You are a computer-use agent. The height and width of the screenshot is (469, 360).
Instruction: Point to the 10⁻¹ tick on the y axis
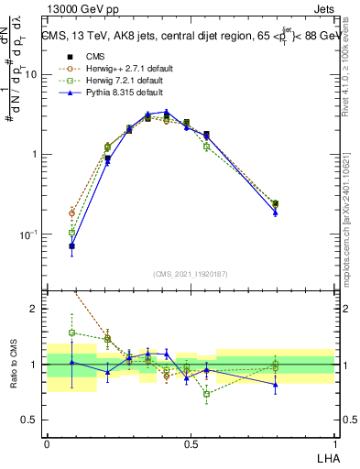coord(30,234)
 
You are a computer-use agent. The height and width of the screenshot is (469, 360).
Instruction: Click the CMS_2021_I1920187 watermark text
coord(191,274)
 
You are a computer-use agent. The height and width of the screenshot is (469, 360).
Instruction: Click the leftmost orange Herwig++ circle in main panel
coord(71,213)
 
